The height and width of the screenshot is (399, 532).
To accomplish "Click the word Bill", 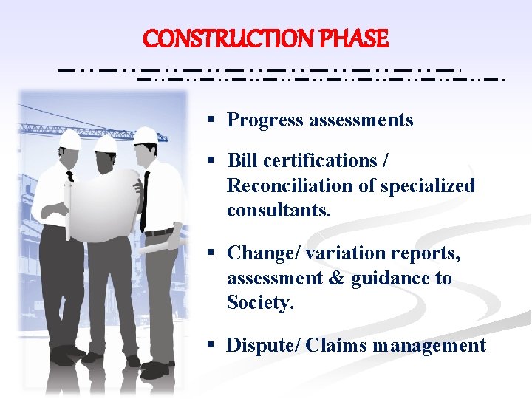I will (x=242, y=161).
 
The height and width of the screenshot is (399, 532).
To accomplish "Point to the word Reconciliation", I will (x=290, y=185).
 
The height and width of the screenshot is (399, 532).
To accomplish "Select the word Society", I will (x=260, y=303).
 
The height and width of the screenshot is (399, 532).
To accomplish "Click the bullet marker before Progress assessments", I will (x=211, y=119).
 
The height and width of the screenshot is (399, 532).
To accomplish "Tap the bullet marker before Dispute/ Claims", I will (x=211, y=344).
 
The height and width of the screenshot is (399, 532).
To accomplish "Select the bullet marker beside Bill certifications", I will (x=211, y=160).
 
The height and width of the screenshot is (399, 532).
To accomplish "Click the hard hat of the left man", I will (x=69, y=138).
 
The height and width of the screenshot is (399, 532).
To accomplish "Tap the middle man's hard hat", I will (x=106, y=142).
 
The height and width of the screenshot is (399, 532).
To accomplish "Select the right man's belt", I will (x=159, y=232).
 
